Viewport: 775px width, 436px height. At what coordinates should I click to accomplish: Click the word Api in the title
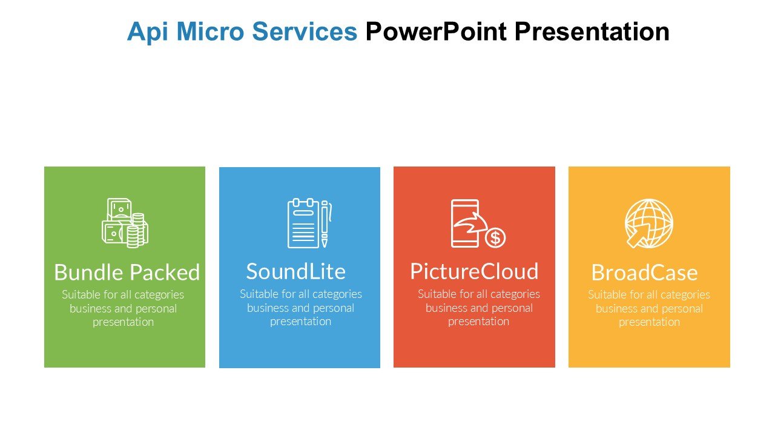point(148,32)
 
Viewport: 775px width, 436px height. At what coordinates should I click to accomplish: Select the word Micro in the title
point(210,31)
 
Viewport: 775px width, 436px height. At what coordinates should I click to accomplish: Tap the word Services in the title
point(305,31)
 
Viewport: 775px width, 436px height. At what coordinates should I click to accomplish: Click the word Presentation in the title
point(592,32)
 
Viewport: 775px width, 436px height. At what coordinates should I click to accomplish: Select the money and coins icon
point(125,223)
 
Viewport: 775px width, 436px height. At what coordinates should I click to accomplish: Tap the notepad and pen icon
point(309,223)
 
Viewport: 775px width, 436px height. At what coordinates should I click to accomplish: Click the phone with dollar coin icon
point(478,223)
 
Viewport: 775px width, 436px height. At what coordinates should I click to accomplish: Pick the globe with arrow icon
point(648,223)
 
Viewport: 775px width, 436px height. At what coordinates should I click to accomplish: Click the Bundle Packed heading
point(127,272)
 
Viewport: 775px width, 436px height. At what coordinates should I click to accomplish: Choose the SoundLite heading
point(296,271)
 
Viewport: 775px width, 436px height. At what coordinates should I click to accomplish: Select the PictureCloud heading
point(474,271)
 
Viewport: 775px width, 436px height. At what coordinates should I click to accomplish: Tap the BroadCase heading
point(645,272)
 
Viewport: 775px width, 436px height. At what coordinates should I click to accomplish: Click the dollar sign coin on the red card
point(495,238)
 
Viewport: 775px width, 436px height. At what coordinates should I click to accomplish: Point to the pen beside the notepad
point(325,223)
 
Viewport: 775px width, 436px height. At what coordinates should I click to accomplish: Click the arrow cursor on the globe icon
point(639,236)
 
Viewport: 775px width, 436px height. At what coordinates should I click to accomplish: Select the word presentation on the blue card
point(300,322)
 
